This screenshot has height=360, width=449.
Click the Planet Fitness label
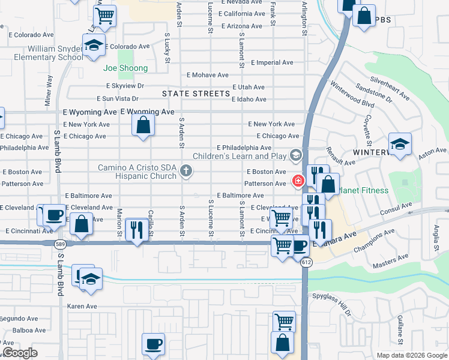(363, 191)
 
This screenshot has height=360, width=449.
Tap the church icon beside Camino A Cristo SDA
(186, 172)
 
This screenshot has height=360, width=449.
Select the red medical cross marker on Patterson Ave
(297, 180)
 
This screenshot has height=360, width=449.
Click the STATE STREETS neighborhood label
(196, 94)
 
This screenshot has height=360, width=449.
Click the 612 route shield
(307, 262)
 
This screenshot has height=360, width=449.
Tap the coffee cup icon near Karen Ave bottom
(153, 344)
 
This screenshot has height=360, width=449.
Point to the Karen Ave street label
(82, 307)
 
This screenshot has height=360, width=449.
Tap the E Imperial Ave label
(272, 62)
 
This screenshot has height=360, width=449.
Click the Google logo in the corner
(20, 353)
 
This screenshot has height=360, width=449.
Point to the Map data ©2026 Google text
(411, 355)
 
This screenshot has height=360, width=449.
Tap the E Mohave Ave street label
(208, 75)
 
